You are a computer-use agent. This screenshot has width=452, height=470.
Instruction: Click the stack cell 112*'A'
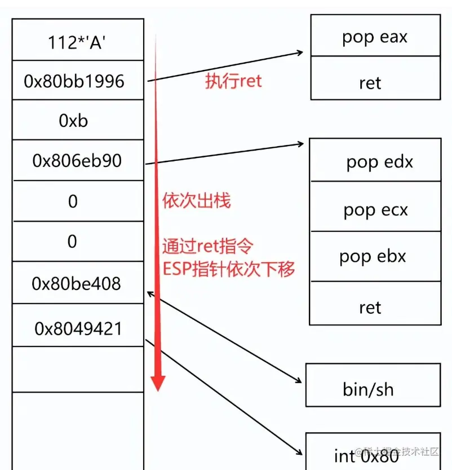click(77, 41)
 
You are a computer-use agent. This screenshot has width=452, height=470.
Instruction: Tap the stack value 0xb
click(73, 121)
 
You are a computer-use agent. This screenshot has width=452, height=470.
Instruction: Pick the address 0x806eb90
click(77, 161)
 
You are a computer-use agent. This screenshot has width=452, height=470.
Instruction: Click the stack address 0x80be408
click(77, 283)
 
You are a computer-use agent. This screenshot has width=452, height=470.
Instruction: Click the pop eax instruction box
click(374, 37)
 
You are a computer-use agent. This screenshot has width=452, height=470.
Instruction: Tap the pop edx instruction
click(379, 162)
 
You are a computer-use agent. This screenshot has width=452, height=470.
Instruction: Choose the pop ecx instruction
click(375, 210)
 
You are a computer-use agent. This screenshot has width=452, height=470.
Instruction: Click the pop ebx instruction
click(373, 256)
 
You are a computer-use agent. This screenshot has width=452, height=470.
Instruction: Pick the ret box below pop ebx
click(370, 307)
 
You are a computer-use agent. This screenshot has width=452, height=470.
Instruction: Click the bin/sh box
click(368, 389)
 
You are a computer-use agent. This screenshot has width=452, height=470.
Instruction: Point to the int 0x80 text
click(366, 455)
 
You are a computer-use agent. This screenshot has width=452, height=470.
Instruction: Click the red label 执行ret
click(233, 81)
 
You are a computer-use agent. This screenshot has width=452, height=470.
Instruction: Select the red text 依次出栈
click(196, 200)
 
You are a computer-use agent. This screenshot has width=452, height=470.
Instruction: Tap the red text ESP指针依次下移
click(228, 269)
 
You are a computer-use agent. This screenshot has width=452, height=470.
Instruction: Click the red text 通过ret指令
click(207, 247)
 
